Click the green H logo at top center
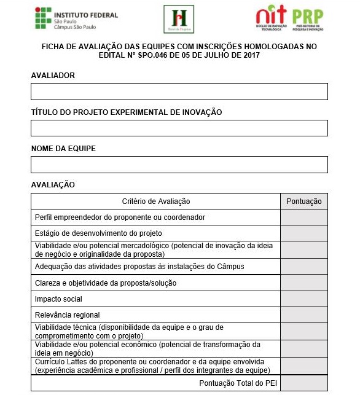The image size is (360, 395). click(x=179, y=19)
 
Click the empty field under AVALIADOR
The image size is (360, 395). click(x=179, y=92)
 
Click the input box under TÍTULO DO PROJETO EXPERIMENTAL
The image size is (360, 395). click(x=179, y=128)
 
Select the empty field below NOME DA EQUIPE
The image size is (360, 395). click(x=179, y=165)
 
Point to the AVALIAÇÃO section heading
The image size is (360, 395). click(x=53, y=184)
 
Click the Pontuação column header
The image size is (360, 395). click(x=304, y=201)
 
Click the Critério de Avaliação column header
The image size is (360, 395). click(x=156, y=201)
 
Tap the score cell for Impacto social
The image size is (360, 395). click(x=304, y=299)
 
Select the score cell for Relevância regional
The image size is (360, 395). click(x=304, y=315)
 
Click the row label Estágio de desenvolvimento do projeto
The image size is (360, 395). click(x=98, y=233)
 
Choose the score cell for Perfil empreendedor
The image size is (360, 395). click(x=304, y=217)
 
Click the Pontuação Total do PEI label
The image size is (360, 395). click(x=237, y=383)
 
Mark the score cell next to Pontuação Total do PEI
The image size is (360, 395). click(x=304, y=383)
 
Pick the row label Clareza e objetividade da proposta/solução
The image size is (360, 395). click(x=106, y=283)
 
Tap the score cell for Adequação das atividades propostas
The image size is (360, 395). click(x=304, y=266)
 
